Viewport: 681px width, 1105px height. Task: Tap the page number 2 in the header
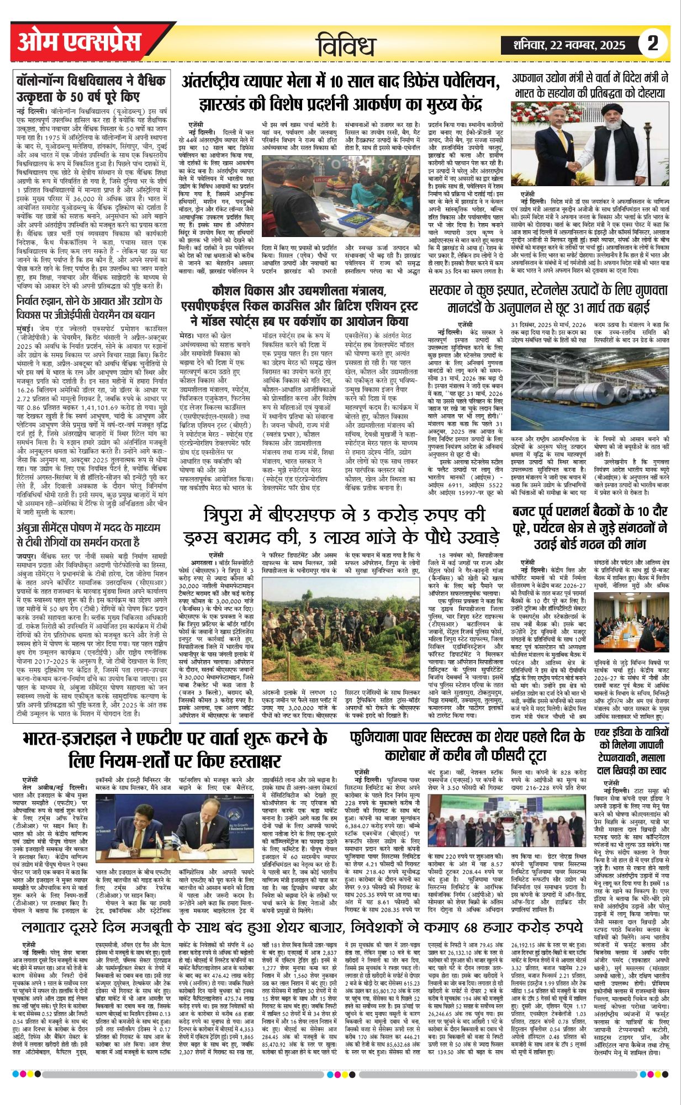coord(653,44)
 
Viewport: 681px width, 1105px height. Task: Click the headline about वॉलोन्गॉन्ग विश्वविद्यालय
coord(91,87)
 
